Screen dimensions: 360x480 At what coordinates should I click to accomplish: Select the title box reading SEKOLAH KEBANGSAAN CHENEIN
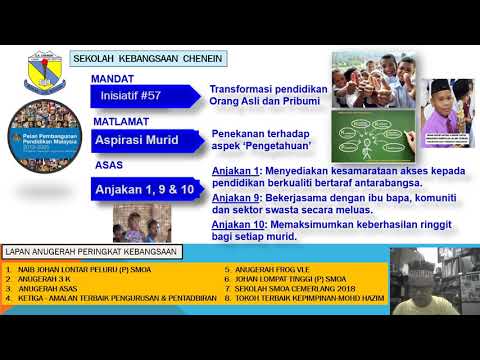[x=148, y=59]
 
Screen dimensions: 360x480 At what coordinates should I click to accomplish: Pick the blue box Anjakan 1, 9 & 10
[x=145, y=187]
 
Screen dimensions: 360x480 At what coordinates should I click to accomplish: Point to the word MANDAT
[x=112, y=77]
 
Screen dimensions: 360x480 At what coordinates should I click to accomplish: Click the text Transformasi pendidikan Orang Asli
[x=268, y=95]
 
